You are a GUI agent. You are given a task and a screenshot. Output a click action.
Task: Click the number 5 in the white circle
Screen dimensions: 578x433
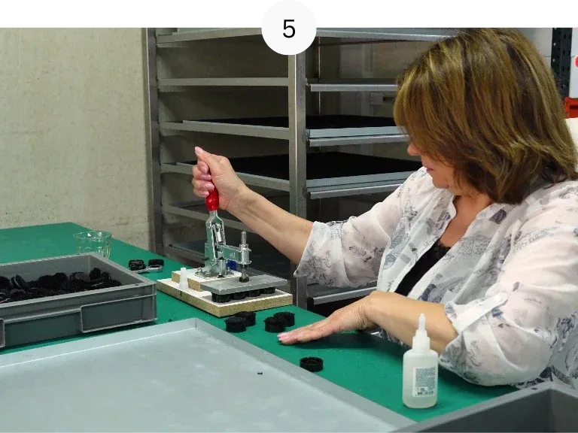tap(289, 29)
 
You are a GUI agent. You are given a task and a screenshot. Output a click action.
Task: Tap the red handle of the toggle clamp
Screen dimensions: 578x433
tap(212, 198)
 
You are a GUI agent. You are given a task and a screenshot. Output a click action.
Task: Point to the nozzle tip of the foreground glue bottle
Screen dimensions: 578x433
tap(421, 316)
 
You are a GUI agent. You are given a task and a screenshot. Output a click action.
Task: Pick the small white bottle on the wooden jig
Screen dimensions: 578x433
tap(183, 279)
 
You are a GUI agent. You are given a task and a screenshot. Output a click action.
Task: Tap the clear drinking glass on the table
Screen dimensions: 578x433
tap(93, 244)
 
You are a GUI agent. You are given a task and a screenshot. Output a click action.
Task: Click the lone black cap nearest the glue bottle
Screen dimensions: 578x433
tap(312, 364)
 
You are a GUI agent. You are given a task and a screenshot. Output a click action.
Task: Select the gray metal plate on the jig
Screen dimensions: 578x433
tap(244, 284)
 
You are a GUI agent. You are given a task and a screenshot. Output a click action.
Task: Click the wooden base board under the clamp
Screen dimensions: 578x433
tap(224, 298)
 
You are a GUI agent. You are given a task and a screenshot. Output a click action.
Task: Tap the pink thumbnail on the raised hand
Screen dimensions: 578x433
tap(199, 150)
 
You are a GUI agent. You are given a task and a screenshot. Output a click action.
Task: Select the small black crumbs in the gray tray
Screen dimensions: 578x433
tap(260, 374)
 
